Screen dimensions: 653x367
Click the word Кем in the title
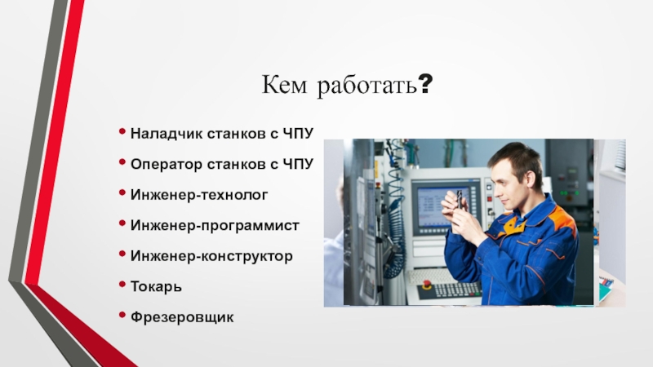(284, 85)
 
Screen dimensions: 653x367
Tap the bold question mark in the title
(425, 84)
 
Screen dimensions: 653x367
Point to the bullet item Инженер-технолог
(199, 195)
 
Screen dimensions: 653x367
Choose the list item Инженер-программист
(215, 226)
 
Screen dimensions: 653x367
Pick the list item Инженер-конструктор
(211, 256)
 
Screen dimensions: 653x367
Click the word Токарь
(156, 287)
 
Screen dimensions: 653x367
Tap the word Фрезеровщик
(182, 317)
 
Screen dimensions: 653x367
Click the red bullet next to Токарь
(122, 284)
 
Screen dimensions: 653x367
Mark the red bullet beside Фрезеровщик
(122, 315)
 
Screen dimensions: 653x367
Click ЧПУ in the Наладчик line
(298, 134)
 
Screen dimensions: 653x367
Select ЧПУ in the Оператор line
(298, 165)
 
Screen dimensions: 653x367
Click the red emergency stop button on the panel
(426, 285)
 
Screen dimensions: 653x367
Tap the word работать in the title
(366, 86)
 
